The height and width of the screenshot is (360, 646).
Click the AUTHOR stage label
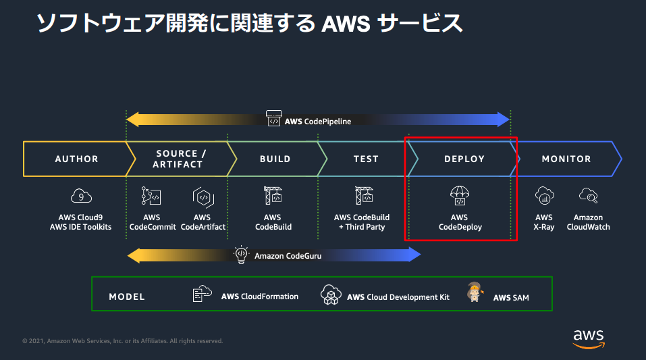[x=76, y=159]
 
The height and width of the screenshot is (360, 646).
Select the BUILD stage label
[x=275, y=159]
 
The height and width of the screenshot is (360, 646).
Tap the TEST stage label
[x=366, y=159]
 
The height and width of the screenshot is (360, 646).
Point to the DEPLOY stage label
[x=464, y=159]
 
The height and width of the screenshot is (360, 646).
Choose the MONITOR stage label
[x=566, y=159]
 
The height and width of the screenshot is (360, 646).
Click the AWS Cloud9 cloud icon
[x=81, y=197]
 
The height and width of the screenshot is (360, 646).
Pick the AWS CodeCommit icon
[x=151, y=196]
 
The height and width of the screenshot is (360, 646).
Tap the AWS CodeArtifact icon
[x=203, y=197]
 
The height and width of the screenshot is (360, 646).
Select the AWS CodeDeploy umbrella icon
[x=459, y=196]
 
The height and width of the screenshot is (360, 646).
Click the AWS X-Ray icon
[x=544, y=196]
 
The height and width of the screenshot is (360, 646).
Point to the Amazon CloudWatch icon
[x=588, y=196]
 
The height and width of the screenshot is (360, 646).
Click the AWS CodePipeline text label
[x=318, y=122]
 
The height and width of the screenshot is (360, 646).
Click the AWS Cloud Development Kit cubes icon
[x=331, y=294]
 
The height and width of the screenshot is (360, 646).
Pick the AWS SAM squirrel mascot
[x=475, y=292]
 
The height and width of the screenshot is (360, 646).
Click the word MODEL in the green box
[x=127, y=297]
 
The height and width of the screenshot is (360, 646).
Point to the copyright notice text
[x=122, y=341]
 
